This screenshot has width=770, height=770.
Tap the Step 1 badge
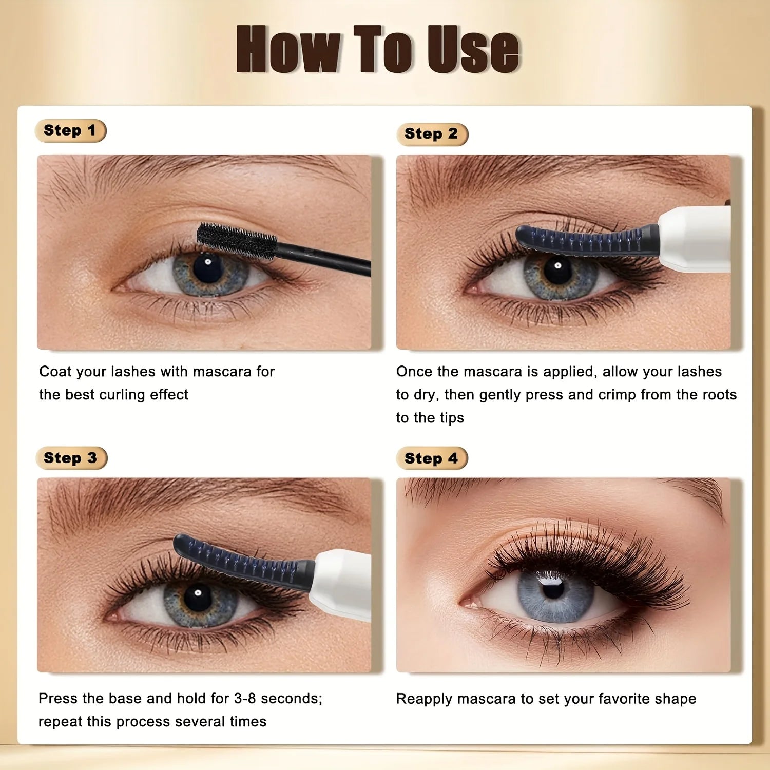[x=71, y=130]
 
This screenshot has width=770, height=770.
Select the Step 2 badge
[x=432, y=134]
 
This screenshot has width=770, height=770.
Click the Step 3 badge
[x=71, y=458]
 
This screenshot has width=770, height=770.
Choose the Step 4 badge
[x=432, y=458]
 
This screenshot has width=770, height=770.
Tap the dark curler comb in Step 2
[x=587, y=240]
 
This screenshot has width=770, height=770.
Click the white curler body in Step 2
[x=694, y=239]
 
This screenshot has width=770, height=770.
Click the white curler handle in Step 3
[x=341, y=584]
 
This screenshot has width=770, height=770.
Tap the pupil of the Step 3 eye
[x=198, y=596]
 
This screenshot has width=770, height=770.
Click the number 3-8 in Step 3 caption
[x=245, y=698]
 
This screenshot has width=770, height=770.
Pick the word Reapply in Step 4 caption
[x=423, y=699]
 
